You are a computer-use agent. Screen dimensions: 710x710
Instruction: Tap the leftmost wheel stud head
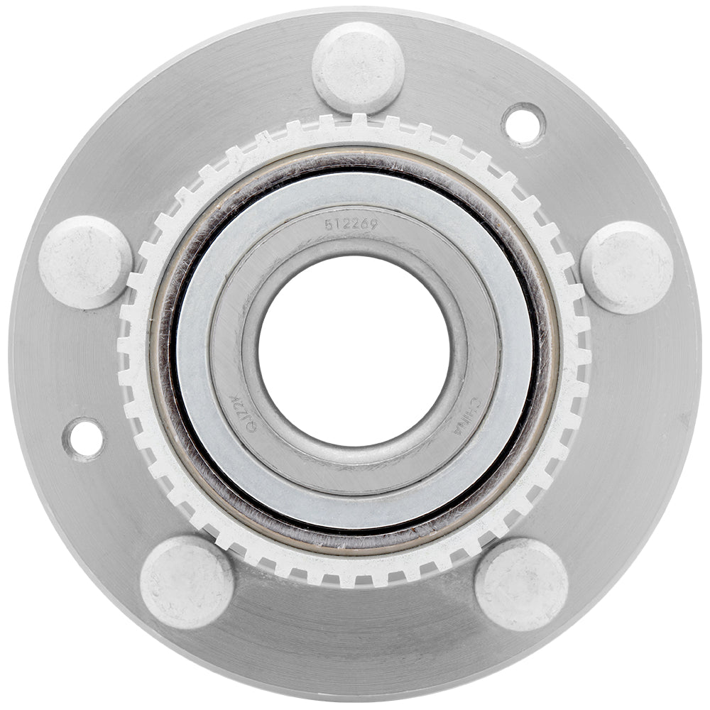point(85,262)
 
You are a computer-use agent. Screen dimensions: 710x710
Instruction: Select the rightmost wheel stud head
point(627,267)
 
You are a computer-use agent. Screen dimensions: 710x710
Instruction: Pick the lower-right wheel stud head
point(521,584)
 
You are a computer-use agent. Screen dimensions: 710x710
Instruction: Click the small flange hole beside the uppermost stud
point(523,125)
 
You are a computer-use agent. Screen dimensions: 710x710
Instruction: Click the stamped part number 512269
point(351,224)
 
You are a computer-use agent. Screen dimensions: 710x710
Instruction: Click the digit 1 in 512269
point(338,224)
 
